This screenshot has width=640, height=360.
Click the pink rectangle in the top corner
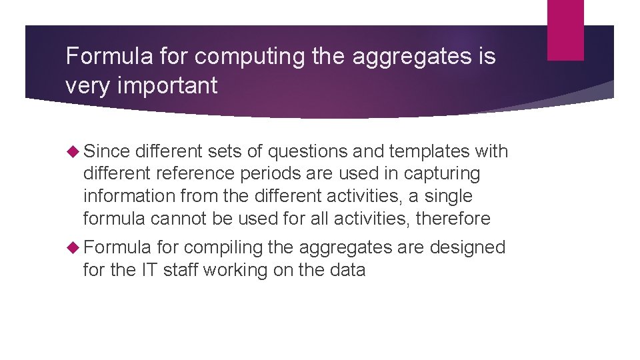tap(565, 30)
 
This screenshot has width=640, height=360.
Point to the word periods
tap(265, 174)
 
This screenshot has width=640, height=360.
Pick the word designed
tap(467, 247)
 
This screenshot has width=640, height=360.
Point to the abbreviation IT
tap(148, 270)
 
